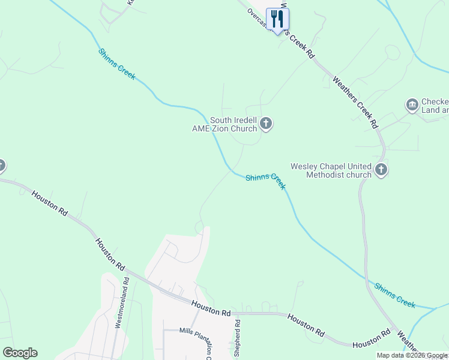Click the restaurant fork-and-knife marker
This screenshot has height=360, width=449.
pos(277,19)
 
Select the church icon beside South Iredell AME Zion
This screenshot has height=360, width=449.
pos(266,124)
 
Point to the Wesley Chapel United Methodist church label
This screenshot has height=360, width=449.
pos(331,170)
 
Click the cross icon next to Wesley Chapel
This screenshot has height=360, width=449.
pos(381,170)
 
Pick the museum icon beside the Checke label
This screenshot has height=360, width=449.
pos(412,106)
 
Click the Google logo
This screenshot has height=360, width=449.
pos(20,353)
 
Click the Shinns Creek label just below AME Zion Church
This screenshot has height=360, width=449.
pos(265,181)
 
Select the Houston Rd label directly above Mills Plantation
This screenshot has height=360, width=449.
pos(211,309)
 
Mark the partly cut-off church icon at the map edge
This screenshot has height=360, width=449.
pos(2,166)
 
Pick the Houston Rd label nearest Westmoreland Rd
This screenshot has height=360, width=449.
pos(109,254)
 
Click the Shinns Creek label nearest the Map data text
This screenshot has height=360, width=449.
pos(394,295)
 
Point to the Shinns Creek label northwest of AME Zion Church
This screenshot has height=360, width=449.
pos(117,64)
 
